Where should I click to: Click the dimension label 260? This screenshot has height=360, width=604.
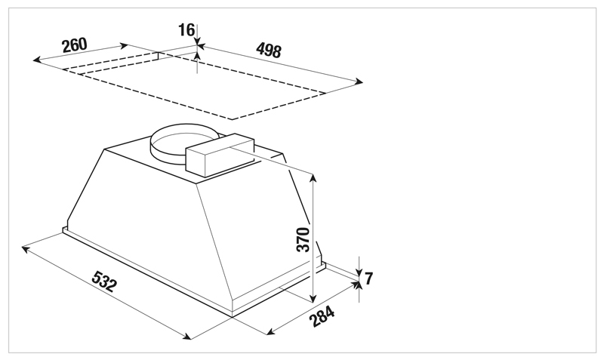point(74,45)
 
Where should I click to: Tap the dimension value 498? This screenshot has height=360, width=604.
point(269,50)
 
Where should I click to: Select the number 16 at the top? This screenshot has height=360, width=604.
point(186,30)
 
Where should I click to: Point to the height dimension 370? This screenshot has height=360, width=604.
point(304,239)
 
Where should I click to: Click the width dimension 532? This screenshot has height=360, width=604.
point(103,281)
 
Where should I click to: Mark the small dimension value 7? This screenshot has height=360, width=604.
point(368,278)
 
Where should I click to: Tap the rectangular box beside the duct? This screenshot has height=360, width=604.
point(220,155)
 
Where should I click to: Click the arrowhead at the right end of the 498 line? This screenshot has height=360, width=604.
point(359,82)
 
